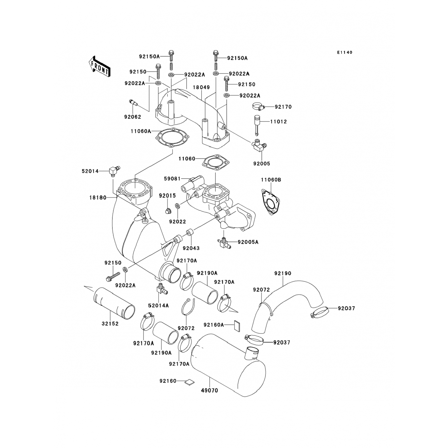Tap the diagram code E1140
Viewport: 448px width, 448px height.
click(x=345, y=53)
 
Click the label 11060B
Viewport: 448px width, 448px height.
click(x=271, y=180)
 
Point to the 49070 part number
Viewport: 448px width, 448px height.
click(x=209, y=390)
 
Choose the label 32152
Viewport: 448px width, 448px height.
click(x=110, y=324)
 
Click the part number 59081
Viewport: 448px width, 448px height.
click(x=172, y=179)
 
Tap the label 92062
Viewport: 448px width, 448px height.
click(x=133, y=117)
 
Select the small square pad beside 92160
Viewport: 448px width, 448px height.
click(x=189, y=382)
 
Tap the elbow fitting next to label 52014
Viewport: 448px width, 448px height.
click(x=114, y=171)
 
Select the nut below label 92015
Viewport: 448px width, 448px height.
click(x=168, y=211)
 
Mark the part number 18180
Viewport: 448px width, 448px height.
click(x=98, y=197)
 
